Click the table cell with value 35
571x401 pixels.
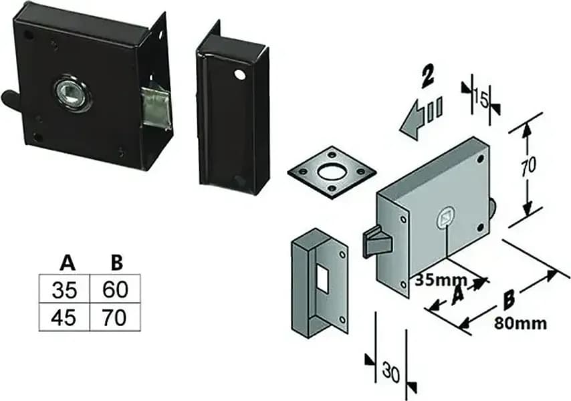click(64, 289)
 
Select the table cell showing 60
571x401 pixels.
click(115, 289)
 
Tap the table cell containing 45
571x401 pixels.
click(64, 317)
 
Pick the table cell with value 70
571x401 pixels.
click(115, 317)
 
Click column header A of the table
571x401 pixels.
click(68, 263)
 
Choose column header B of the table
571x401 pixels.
click(116, 263)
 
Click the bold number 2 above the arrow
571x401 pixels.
click(427, 77)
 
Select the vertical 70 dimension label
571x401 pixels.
click(528, 166)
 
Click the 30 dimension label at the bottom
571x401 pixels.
click(391, 373)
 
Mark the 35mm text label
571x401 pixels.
click(441, 280)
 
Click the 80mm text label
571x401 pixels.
click(520, 323)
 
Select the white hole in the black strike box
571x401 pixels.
click(239, 74)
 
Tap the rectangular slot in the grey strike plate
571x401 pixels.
click(323, 277)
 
